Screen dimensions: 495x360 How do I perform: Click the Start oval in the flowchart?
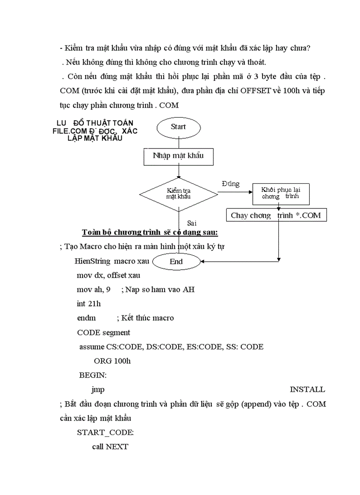178,127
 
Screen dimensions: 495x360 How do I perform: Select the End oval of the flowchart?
176,261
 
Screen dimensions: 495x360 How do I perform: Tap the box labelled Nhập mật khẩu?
178,156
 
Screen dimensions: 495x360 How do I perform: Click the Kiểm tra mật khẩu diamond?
178,194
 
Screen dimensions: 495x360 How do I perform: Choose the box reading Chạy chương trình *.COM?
276,216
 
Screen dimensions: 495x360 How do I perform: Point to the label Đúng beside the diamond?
230,184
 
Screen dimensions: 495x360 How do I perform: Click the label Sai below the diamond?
191,223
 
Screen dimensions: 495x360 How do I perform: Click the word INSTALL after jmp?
307,389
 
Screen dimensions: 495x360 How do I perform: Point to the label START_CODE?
105,432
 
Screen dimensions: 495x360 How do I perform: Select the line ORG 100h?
112,361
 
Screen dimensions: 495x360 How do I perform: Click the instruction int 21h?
88,304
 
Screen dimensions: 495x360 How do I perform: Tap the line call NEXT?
110,447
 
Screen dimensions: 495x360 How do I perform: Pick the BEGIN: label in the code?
93,375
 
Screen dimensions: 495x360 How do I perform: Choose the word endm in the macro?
86,318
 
